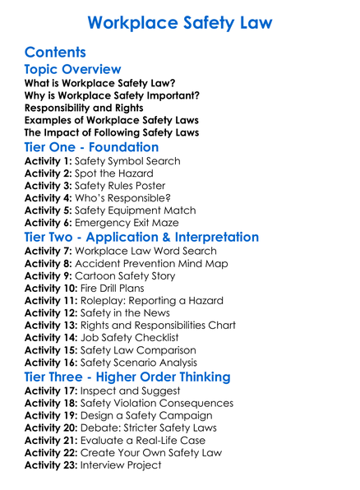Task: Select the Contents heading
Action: point(59,52)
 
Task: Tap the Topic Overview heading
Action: point(73,69)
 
